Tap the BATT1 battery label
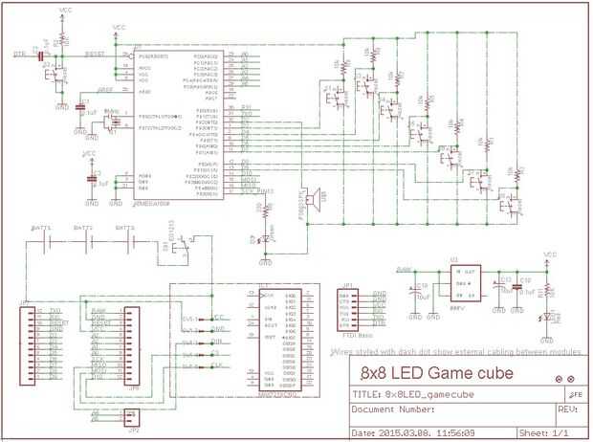(x=41, y=229)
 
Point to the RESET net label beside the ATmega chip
(x=95, y=55)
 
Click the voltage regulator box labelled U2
(x=462, y=283)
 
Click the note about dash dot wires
(x=455, y=352)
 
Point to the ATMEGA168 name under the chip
(x=152, y=203)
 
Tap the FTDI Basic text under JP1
(x=356, y=336)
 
